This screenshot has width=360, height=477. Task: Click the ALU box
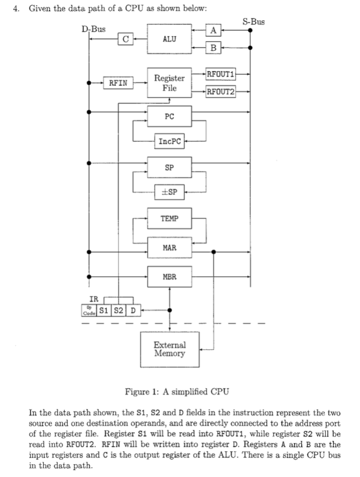[x=169, y=39]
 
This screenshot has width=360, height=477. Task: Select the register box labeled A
[x=214, y=30]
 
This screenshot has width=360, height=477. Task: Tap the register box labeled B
[x=214, y=48]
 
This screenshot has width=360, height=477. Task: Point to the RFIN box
[x=118, y=83]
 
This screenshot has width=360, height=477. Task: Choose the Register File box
[x=169, y=83]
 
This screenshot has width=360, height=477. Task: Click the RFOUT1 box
[x=221, y=74]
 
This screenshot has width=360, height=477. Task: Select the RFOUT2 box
[x=221, y=92]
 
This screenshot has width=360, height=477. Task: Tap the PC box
[x=169, y=117]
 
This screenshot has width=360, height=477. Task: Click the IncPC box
[x=170, y=141]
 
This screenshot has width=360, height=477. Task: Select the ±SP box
[x=170, y=192]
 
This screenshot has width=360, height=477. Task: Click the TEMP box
[x=169, y=219]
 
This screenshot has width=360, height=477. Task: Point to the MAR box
[x=169, y=249]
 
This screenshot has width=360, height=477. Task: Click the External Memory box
[x=169, y=349]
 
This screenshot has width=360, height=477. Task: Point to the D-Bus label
[x=93, y=29]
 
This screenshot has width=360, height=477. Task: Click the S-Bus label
[x=253, y=22]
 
